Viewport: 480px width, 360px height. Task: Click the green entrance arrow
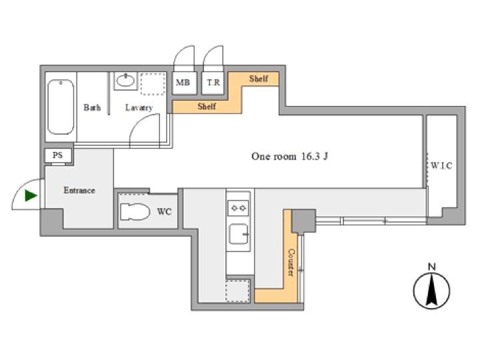[30, 195]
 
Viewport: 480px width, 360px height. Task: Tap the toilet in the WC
[135, 211]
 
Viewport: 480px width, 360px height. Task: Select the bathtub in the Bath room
[61, 107]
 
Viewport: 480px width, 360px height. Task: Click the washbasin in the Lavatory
[126, 81]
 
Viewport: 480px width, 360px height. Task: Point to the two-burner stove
[238, 208]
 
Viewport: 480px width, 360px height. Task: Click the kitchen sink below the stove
[239, 234]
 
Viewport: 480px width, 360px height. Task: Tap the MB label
[183, 83]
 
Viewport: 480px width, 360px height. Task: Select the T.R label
[213, 83]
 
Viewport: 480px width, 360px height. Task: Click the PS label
[57, 155]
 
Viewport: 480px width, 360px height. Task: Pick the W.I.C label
[441, 165]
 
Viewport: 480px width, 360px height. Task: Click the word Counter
[291, 263]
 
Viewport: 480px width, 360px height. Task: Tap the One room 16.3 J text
[289, 157]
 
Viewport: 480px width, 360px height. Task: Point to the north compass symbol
[431, 286]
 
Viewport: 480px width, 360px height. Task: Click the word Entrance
[79, 190]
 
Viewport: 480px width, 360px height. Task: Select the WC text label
[164, 211]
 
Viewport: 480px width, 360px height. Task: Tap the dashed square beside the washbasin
[153, 83]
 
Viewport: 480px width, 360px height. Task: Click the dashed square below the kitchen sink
[238, 290]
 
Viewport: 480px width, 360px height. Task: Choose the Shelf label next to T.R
[259, 79]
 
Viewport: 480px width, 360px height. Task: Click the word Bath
[92, 107]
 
